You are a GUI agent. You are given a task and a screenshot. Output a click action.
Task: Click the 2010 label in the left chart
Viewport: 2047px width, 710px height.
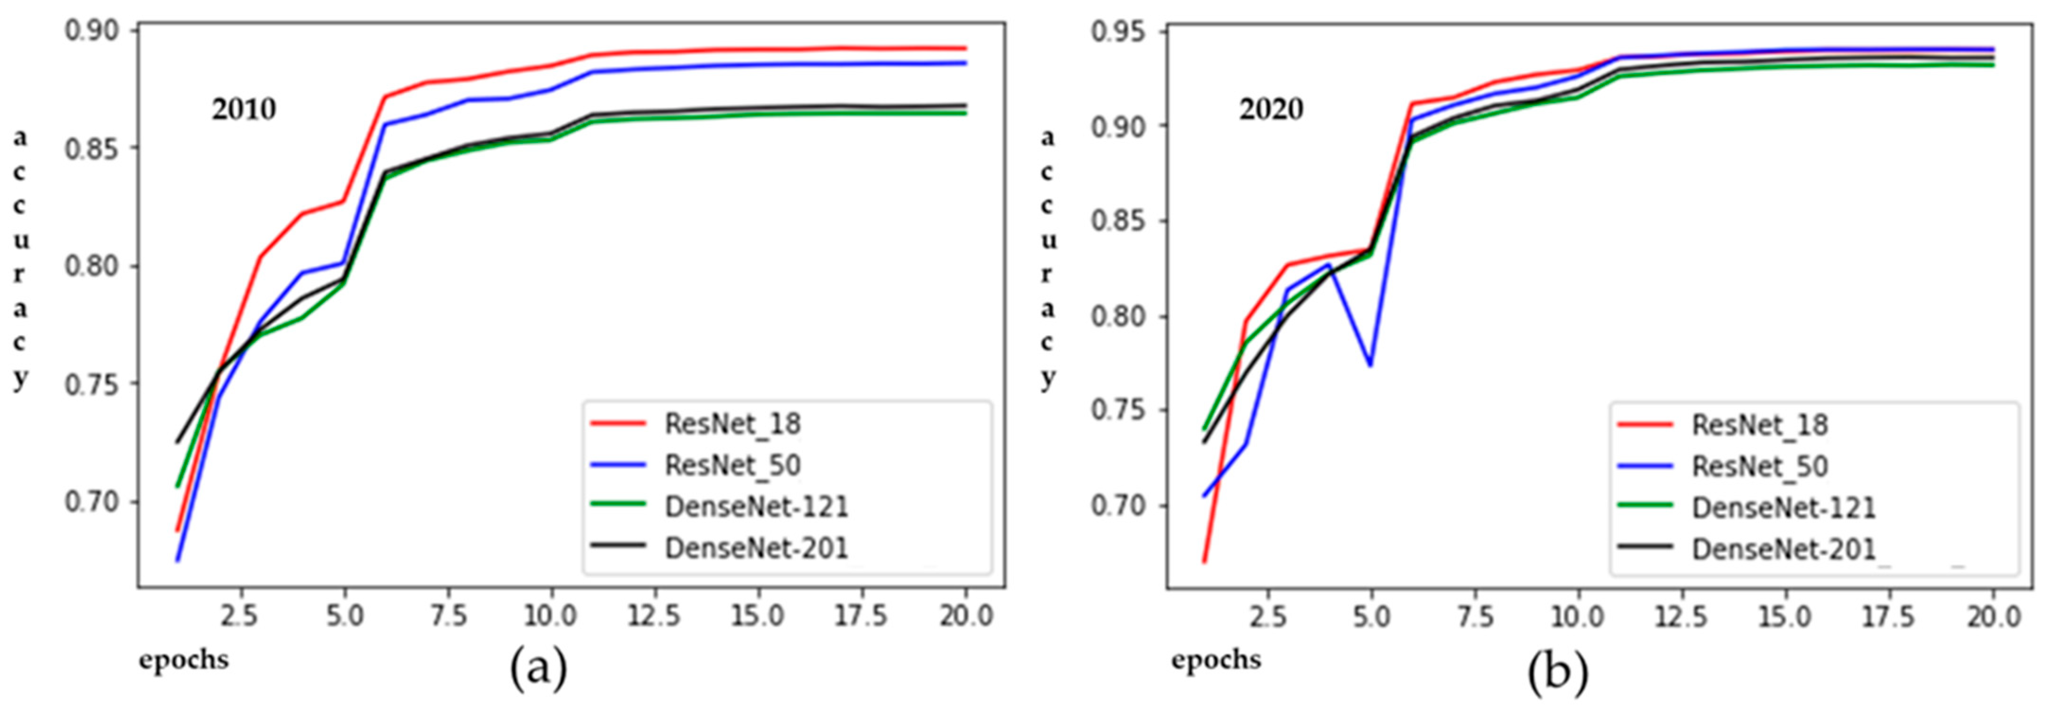point(244,109)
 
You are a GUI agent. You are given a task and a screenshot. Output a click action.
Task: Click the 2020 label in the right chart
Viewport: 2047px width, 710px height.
point(1272,109)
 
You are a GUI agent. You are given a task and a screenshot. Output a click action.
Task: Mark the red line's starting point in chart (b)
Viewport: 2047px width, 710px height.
point(1204,562)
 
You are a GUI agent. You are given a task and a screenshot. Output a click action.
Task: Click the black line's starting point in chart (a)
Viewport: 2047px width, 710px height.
point(177,442)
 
